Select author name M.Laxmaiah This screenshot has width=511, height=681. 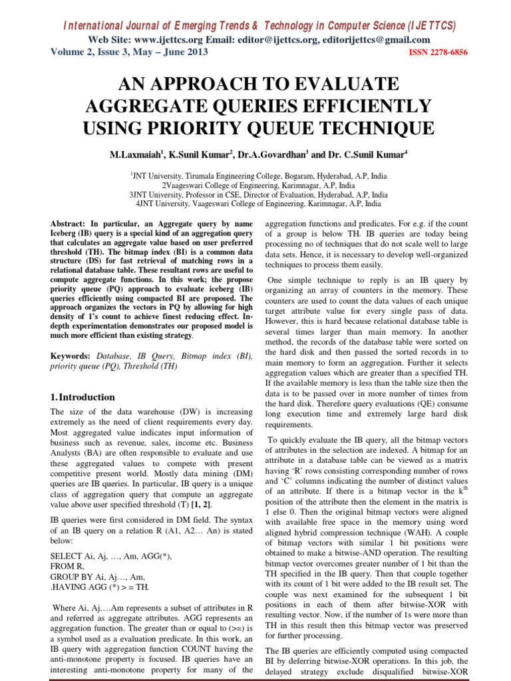point(136,155)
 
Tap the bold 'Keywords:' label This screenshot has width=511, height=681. point(72,356)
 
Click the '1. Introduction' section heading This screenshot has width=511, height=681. point(83,397)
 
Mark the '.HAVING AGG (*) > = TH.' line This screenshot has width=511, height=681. point(100,587)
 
